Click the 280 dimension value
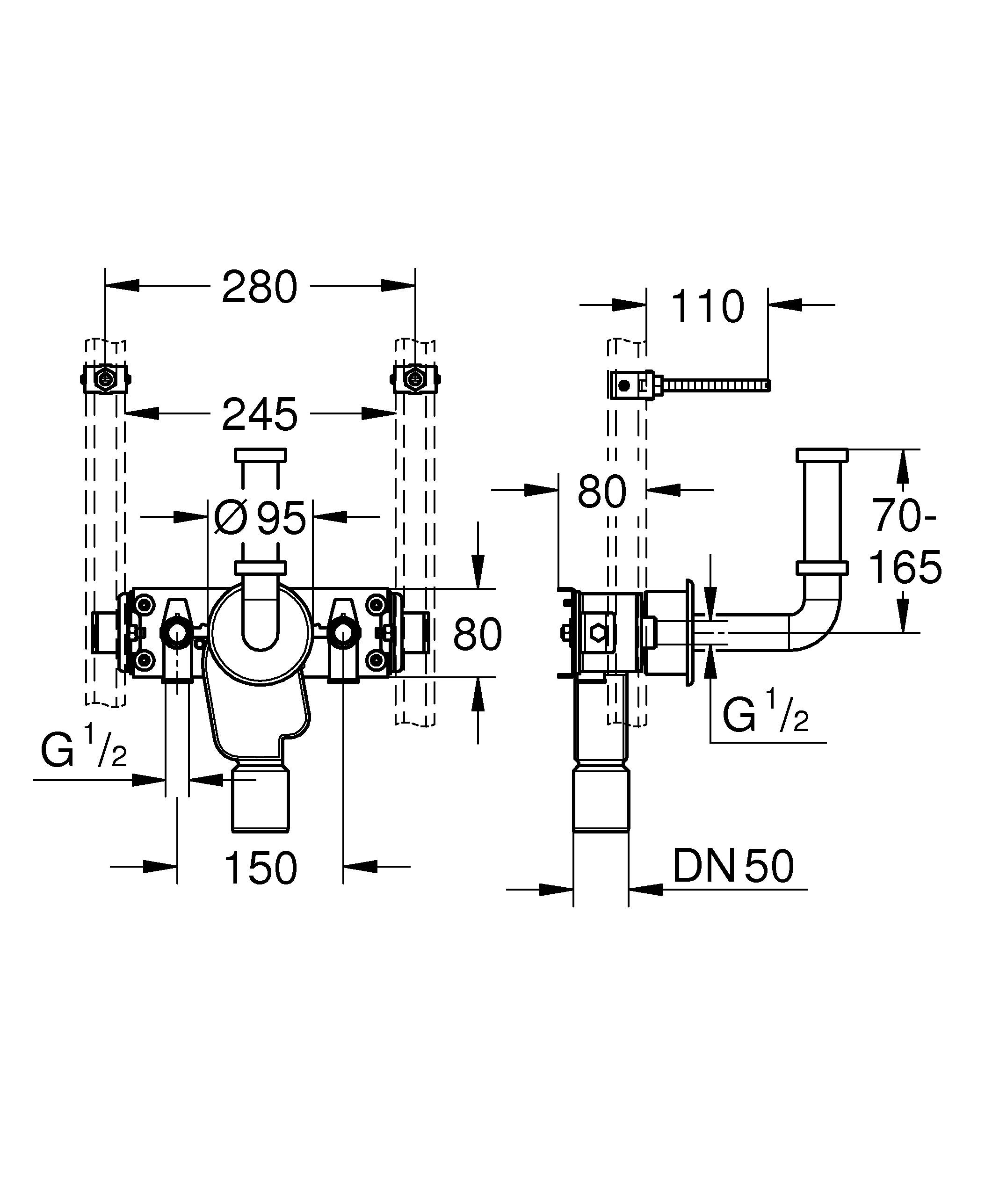point(259,287)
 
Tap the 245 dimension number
point(259,414)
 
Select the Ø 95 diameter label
point(261,517)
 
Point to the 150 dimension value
point(261,867)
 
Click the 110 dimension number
point(707,307)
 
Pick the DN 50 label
point(732,867)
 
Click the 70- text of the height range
point(904,516)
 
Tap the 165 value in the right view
point(905,567)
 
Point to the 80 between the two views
point(477,634)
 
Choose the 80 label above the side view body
point(601,491)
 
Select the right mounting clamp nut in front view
point(415,380)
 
